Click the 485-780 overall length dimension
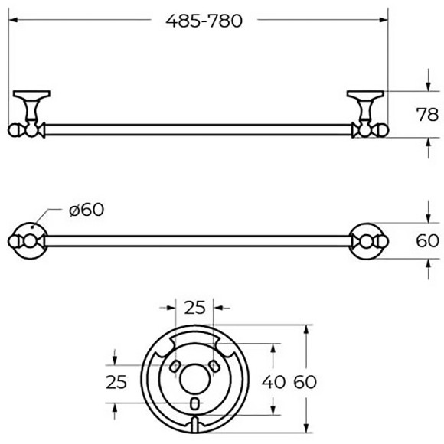pyautogui.click(x=204, y=21)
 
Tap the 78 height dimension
pyautogui.click(x=427, y=115)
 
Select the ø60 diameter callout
pyautogui.click(x=87, y=210)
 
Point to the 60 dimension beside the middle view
pyautogui.click(x=427, y=240)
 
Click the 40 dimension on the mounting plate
pyautogui.click(x=273, y=382)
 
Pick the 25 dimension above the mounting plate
pyautogui.click(x=194, y=308)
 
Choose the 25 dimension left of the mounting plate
pyautogui.click(x=116, y=382)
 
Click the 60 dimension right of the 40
pyautogui.click(x=305, y=382)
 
